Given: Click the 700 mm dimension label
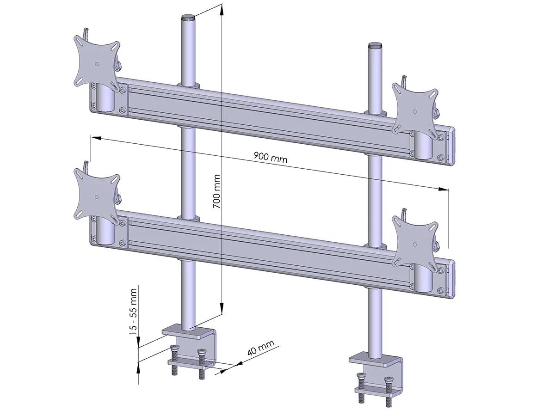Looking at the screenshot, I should (216, 191).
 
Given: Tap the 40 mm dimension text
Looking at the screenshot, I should (261, 348).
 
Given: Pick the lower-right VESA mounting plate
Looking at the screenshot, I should (414, 242).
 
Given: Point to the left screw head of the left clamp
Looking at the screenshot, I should (174, 349).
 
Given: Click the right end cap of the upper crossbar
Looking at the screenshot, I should (452, 146).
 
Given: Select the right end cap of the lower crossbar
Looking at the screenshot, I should (452, 278).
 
